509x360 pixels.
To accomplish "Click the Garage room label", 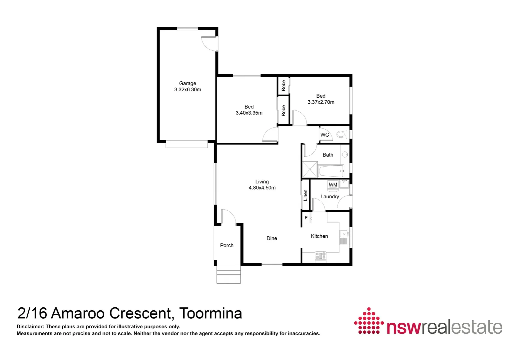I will pyautogui.click(x=188, y=83).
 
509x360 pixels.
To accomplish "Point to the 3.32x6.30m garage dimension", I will pyautogui.click(x=188, y=90).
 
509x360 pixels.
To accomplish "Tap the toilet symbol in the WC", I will pyautogui.click(x=341, y=134).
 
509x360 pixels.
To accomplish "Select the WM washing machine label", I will pyautogui.click(x=333, y=185).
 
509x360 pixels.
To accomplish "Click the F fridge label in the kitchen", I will pyautogui.click(x=306, y=218).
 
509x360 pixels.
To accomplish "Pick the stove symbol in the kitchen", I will pyautogui.click(x=321, y=256).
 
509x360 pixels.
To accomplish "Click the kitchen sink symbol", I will pyautogui.click(x=344, y=236).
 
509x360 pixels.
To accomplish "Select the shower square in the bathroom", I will pyautogui.click(x=310, y=169).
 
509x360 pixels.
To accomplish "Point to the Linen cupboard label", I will pyautogui.click(x=305, y=195).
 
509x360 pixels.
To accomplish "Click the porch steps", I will pyautogui.click(x=229, y=274).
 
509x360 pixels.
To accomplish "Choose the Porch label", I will pyautogui.click(x=227, y=245).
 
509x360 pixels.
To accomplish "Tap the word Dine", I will pyautogui.click(x=272, y=238).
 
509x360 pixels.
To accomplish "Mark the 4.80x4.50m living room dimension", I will pyautogui.click(x=262, y=188).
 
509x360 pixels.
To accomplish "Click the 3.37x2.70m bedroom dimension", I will pyautogui.click(x=321, y=102).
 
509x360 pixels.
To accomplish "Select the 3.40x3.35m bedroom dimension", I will pyautogui.click(x=249, y=113).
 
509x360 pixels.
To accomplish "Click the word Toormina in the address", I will pyautogui.click(x=211, y=313).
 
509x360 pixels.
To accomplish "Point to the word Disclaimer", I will pyautogui.click(x=30, y=327).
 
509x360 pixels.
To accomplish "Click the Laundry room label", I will pyautogui.click(x=329, y=197).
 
